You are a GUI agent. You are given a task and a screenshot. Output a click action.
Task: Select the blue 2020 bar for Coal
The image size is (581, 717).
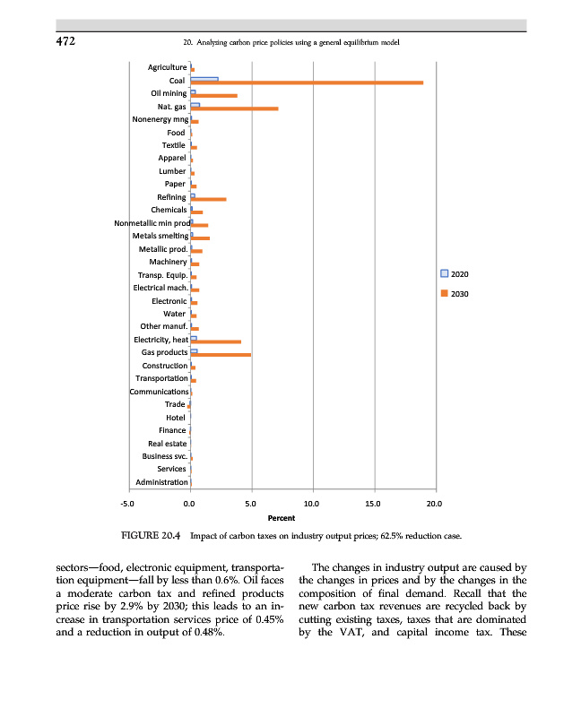[x=204, y=79]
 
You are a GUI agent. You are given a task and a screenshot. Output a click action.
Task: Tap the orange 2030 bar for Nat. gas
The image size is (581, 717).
[x=235, y=108]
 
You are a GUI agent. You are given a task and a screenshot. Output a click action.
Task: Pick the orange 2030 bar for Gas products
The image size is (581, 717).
[x=221, y=355]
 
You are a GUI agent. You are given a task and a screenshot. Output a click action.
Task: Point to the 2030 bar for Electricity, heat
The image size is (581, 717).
[x=216, y=341]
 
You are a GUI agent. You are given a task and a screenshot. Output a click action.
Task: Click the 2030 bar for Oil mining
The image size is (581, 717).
[x=214, y=95]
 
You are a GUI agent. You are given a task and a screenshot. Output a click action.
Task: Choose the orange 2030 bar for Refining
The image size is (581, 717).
[x=209, y=199]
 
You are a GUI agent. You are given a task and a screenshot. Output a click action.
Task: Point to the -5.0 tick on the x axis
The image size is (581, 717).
[x=127, y=504]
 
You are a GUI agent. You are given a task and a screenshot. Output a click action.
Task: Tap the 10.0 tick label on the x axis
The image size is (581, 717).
[x=312, y=504]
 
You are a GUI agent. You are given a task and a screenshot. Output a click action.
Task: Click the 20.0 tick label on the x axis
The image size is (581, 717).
[x=435, y=504]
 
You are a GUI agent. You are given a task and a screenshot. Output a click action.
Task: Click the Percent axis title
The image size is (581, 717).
[x=282, y=517]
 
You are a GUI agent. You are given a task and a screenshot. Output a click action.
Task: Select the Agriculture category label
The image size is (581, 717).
[x=168, y=67]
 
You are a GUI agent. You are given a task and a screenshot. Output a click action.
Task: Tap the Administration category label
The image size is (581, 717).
[x=161, y=482]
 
